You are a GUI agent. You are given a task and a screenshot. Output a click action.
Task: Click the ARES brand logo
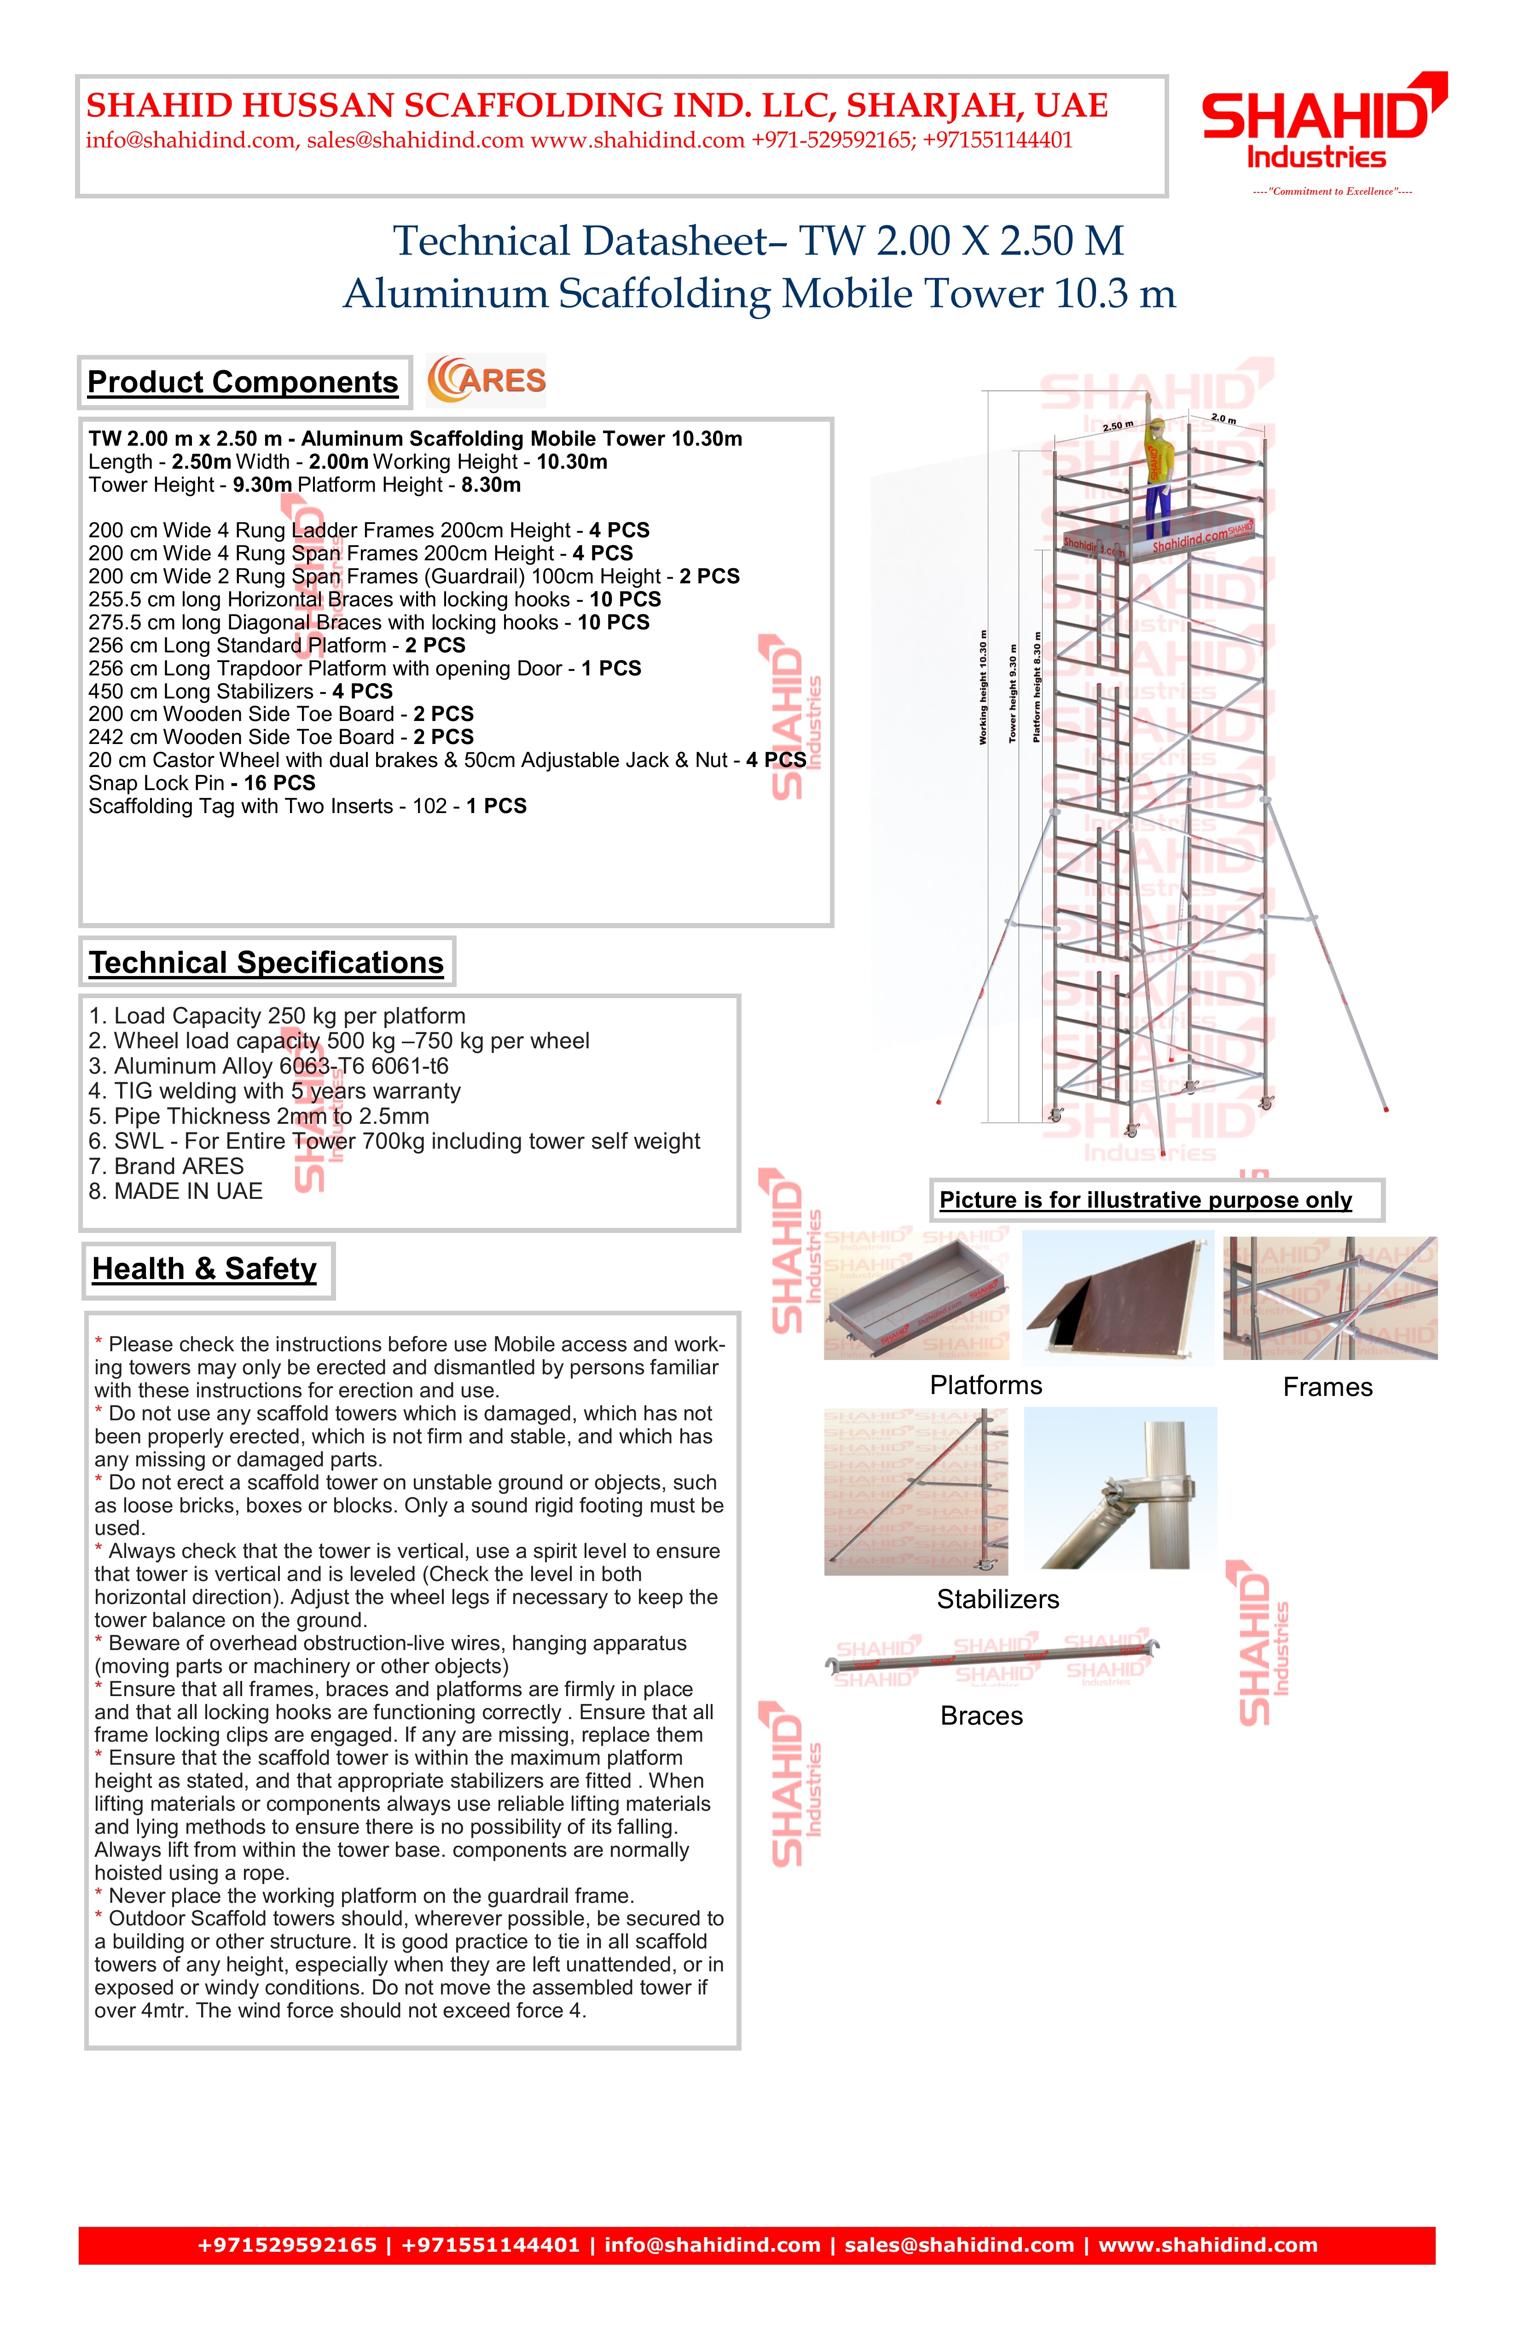coord(486,381)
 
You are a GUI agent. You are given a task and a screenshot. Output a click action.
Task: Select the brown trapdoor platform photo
coord(1118,1297)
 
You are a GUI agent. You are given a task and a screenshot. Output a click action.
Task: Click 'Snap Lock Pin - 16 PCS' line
coord(202,783)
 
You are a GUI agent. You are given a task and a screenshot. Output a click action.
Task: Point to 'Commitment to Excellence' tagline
coord(1332,192)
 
